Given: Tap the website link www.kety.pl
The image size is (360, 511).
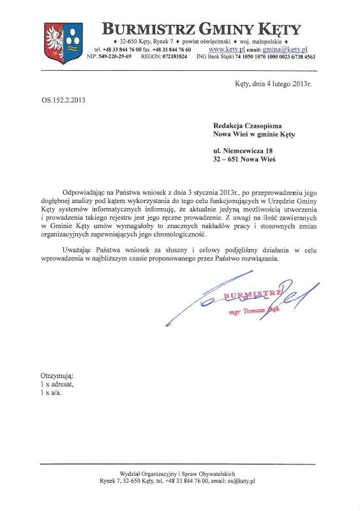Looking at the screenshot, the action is click(x=227, y=49).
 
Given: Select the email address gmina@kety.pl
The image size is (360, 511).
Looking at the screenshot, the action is click(x=286, y=49).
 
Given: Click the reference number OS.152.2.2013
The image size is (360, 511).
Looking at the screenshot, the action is click(x=63, y=100).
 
